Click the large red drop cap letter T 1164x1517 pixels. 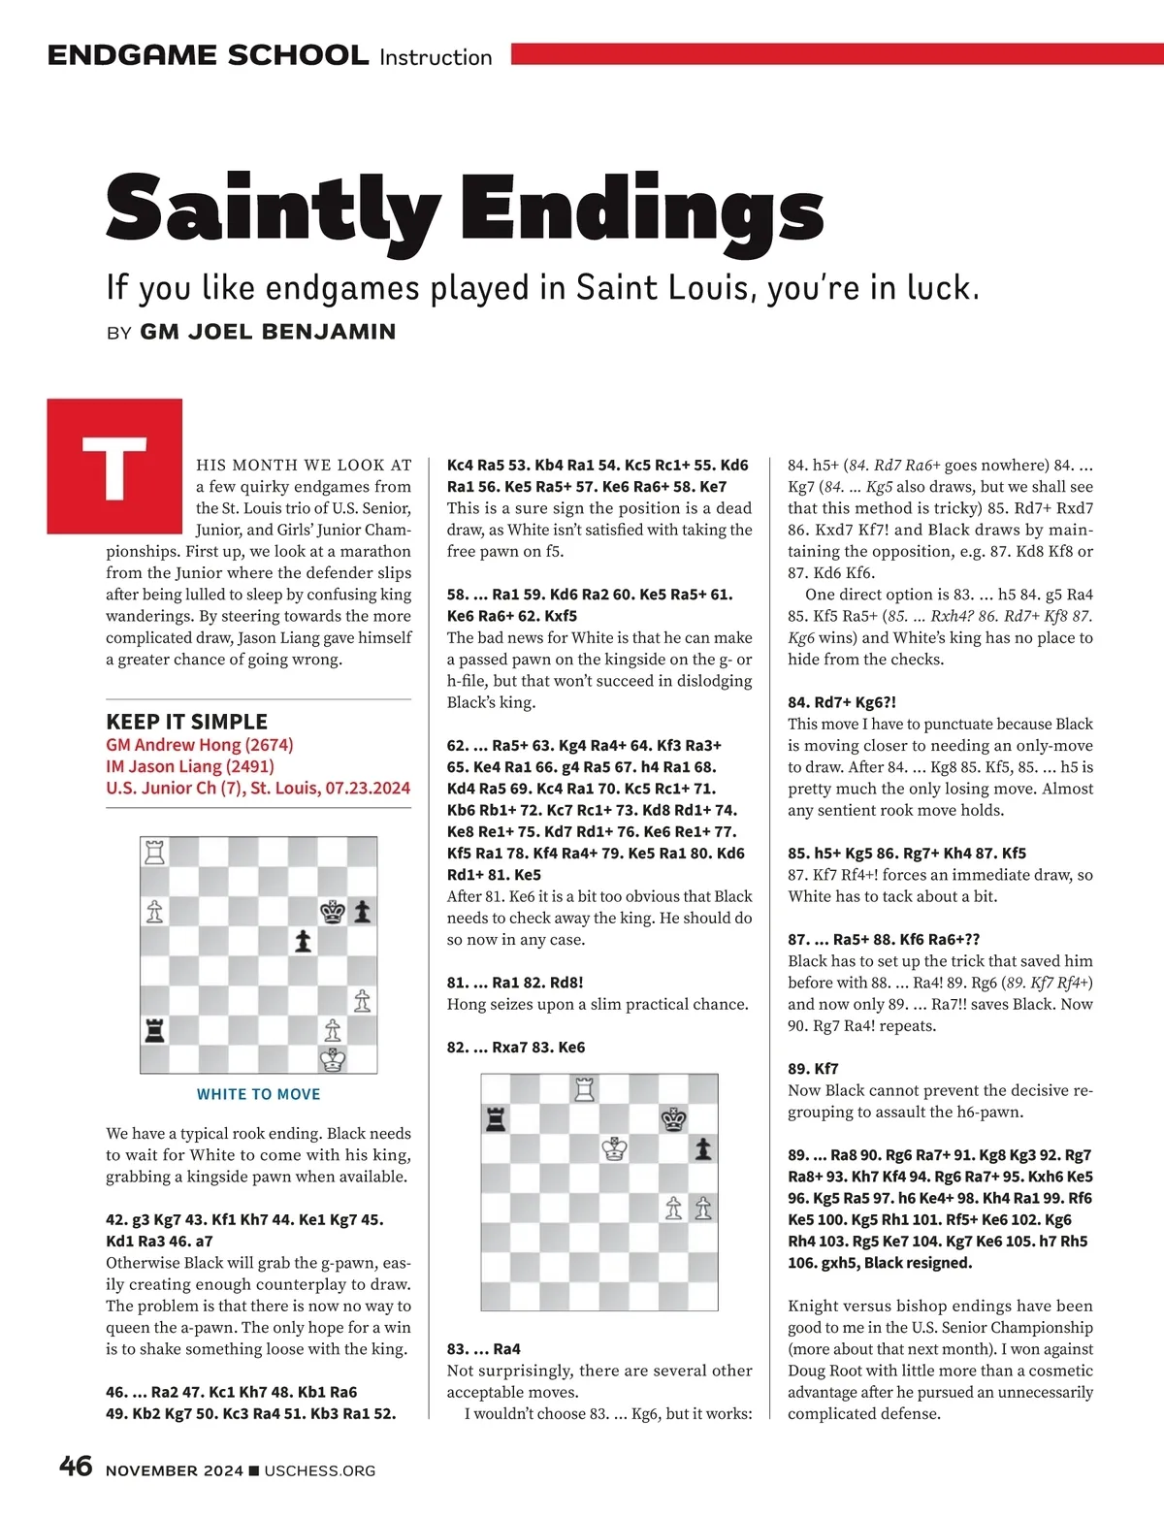(114, 467)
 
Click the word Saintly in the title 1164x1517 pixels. (271, 209)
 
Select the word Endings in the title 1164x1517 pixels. (641, 209)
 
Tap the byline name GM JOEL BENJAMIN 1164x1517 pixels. (268, 332)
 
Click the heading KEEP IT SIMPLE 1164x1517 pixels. (186, 722)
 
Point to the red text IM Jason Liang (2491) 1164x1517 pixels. (190, 766)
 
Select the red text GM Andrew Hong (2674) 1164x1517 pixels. (200, 745)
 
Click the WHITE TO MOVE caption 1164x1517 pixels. (258, 1094)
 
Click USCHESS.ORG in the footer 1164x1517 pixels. (319, 1470)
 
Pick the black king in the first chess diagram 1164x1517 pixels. (333, 912)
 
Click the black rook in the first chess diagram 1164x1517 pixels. (155, 1029)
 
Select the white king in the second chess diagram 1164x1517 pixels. (614, 1149)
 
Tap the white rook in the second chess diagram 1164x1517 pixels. (584, 1089)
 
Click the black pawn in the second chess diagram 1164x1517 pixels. (703, 1149)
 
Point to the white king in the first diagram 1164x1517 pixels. (333, 1059)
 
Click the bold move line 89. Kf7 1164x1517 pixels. (813, 1069)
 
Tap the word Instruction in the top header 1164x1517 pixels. (436, 57)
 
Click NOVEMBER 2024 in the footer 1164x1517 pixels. (175, 1470)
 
